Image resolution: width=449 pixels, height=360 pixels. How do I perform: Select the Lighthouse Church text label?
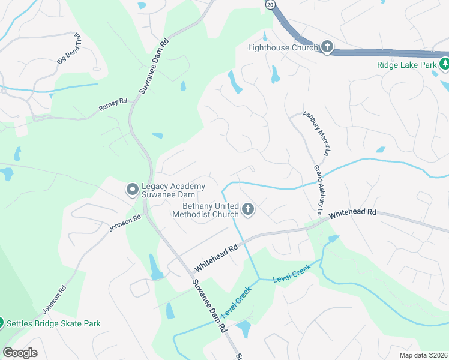pyautogui.click(x=283, y=47)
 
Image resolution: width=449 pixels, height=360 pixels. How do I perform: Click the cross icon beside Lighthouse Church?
pyautogui.click(x=327, y=47)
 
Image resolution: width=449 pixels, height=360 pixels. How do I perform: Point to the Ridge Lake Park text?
pyautogui.click(x=405, y=65)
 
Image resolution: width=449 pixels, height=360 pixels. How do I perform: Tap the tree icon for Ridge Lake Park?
pyautogui.click(x=444, y=64)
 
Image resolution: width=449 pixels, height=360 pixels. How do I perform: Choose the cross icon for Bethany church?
pyautogui.click(x=248, y=210)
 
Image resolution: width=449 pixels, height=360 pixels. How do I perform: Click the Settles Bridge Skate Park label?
pyautogui.click(x=53, y=323)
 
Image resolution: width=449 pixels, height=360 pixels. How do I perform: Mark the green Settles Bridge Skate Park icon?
pyautogui.click(x=1, y=323)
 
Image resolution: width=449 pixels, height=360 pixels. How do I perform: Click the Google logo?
pyautogui.click(x=20, y=353)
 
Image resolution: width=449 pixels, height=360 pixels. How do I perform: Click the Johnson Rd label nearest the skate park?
pyautogui.click(x=52, y=300)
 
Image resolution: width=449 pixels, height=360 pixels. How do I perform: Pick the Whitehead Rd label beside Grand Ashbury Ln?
pyautogui.click(x=352, y=212)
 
